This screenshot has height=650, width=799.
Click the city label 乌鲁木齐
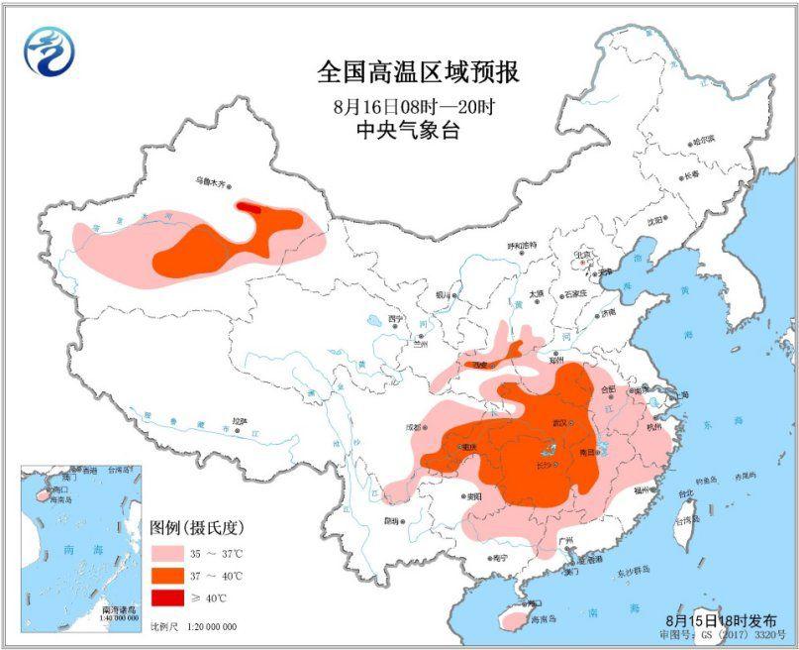210,182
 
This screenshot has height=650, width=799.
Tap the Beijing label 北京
584,255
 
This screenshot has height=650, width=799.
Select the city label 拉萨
239,420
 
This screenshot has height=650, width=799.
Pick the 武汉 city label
560,423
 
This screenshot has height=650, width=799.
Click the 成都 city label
413,428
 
